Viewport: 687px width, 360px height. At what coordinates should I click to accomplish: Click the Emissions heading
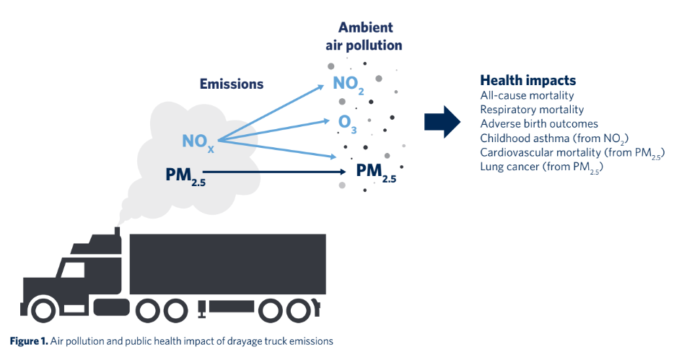click(231, 84)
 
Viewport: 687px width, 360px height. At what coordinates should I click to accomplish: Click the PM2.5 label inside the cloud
click(185, 175)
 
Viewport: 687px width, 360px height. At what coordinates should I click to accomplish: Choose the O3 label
click(348, 123)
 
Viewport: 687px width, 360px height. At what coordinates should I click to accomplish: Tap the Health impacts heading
click(528, 81)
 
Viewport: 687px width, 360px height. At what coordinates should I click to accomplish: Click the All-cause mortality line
click(527, 95)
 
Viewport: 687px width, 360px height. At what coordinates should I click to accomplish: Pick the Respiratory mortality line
click(532, 110)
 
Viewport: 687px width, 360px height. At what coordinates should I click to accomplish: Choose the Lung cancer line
click(541, 167)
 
